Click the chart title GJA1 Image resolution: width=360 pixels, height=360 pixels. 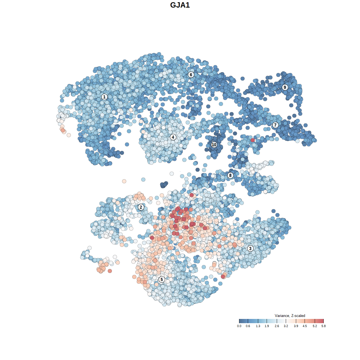pyautogui.click(x=180, y=5)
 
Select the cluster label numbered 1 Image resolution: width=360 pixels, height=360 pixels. pyautogui.click(x=104, y=97)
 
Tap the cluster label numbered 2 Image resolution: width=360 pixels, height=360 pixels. pyautogui.click(x=141, y=207)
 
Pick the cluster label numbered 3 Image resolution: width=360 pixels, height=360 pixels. pyautogui.click(x=250, y=248)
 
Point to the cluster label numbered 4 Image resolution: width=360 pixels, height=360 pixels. pyautogui.click(x=173, y=137)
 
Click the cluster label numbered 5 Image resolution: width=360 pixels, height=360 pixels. pyautogui.click(x=161, y=279)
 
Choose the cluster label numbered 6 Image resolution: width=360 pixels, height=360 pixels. pyautogui.click(x=191, y=75)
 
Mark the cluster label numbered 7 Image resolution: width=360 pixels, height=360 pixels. pyautogui.click(x=275, y=125)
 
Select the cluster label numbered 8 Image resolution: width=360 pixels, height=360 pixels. pyautogui.click(x=230, y=175)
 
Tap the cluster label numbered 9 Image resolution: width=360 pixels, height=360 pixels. pyautogui.click(x=285, y=87)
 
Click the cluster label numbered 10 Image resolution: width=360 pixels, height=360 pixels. pyautogui.click(x=214, y=145)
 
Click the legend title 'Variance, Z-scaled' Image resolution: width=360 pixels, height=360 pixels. pyautogui.click(x=290, y=316)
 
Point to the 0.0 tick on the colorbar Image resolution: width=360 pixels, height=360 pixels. pyautogui.click(x=239, y=321)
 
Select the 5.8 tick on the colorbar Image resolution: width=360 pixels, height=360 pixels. pyautogui.click(x=323, y=321)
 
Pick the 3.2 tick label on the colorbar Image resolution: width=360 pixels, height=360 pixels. pyautogui.click(x=286, y=326)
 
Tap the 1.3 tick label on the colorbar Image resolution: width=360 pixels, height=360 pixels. pyautogui.click(x=258, y=326)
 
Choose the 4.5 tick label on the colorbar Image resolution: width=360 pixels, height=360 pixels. pyautogui.click(x=305, y=326)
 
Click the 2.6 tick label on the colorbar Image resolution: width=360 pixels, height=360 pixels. pyautogui.click(x=277, y=326)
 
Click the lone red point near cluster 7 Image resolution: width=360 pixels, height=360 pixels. pyautogui.click(x=253, y=140)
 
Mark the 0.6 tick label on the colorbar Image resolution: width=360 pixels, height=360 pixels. pyautogui.click(x=248, y=326)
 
